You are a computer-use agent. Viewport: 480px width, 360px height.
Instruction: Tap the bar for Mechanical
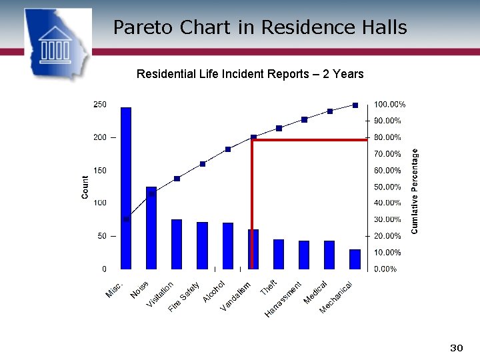(x=355, y=259)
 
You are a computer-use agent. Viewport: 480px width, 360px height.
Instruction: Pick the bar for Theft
(x=279, y=254)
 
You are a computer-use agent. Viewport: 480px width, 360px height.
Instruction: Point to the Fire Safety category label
(x=184, y=297)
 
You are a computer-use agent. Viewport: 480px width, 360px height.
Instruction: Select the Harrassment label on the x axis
(x=284, y=299)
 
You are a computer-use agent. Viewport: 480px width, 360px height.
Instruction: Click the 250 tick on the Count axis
(x=99, y=105)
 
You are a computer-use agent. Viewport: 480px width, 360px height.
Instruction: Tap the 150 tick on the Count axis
(x=99, y=171)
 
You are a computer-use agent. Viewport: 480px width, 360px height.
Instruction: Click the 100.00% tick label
(x=390, y=105)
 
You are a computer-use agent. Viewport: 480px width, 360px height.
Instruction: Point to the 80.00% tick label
(x=387, y=137)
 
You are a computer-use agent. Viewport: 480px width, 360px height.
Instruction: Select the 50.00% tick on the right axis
(x=387, y=187)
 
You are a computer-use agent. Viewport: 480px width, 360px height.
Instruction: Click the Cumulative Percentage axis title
(x=415, y=191)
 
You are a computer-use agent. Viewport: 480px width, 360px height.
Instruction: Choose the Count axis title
(x=85, y=187)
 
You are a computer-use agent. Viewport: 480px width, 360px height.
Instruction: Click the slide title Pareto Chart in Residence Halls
(x=259, y=27)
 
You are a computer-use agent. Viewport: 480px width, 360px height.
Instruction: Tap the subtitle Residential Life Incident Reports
(x=250, y=74)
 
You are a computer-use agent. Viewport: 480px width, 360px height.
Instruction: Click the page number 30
(x=456, y=348)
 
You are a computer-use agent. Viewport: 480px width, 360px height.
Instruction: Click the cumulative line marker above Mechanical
(x=355, y=105)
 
